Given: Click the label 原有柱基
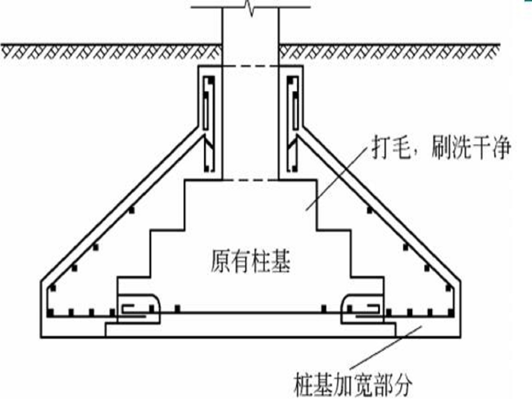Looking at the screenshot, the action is coord(250,262).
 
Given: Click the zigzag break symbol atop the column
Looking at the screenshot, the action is coord(250,7).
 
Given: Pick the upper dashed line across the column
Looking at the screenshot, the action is coord(250,66).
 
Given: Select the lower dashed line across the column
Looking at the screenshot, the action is coord(250,180).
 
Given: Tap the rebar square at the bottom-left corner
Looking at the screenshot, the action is coord(50,313).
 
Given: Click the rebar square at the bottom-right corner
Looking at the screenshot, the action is coord(451,313).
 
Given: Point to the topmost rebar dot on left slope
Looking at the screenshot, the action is coord(131,210).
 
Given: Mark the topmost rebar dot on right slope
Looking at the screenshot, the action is coord(370,210).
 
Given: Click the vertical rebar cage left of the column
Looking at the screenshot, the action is coord(208,124).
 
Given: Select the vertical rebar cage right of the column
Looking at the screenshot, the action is coord(293,124).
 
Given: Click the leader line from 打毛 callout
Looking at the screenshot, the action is coord(337,178).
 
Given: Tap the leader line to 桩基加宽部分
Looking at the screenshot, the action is coord(386,348).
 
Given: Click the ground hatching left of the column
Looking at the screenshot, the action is coord(111,52).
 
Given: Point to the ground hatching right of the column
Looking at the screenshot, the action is coord(389,52).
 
